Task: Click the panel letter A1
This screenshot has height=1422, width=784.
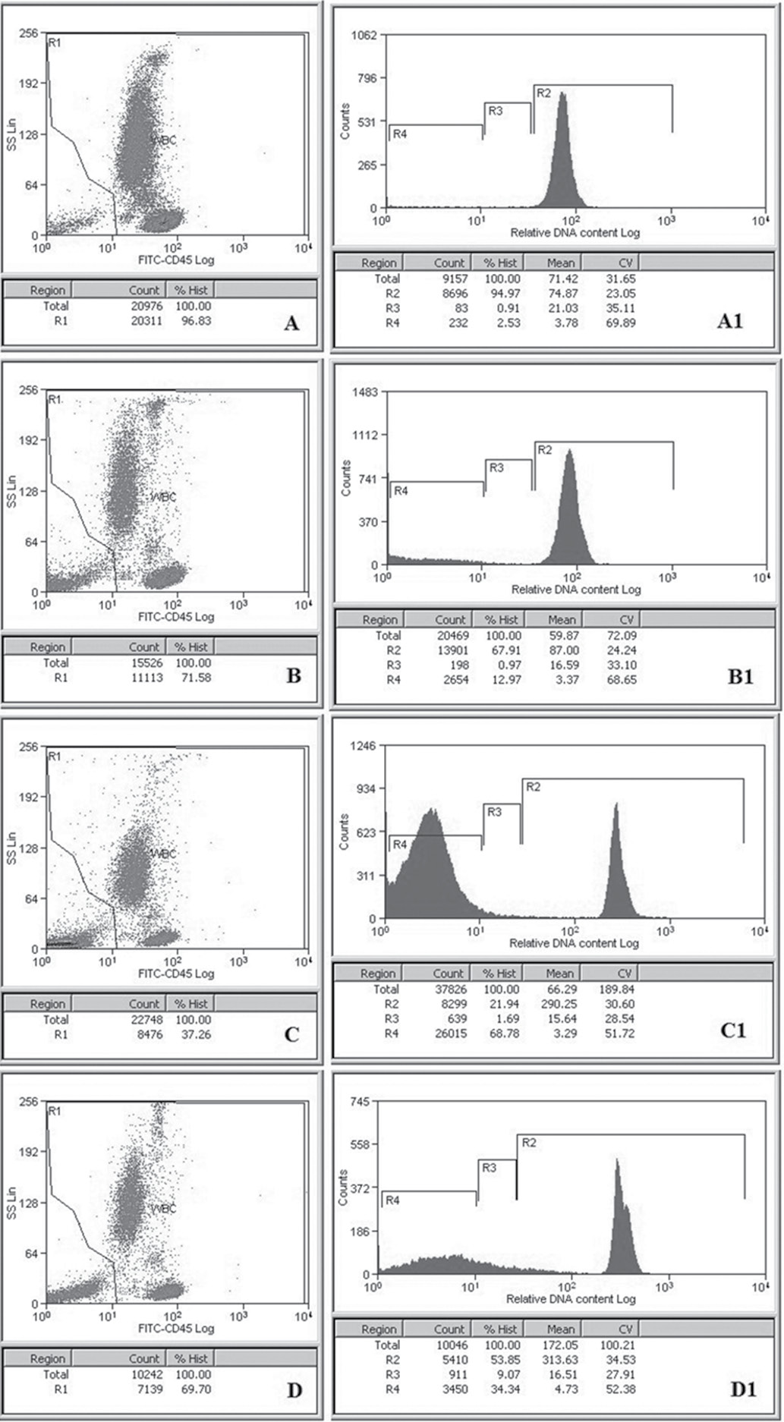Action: (729, 321)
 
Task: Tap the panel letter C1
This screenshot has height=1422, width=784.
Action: (732, 1030)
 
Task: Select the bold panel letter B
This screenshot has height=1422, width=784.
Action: (294, 675)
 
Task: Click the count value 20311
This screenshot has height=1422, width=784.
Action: (144, 320)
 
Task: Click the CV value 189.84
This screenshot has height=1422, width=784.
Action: (619, 989)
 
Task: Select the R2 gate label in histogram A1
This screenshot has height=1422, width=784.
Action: (543, 93)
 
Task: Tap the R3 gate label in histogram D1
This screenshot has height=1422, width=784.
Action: (489, 1169)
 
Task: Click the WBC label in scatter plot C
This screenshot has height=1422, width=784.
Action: (163, 854)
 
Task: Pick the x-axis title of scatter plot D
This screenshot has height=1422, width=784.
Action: (175, 1329)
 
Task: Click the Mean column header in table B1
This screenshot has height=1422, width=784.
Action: (561, 619)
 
